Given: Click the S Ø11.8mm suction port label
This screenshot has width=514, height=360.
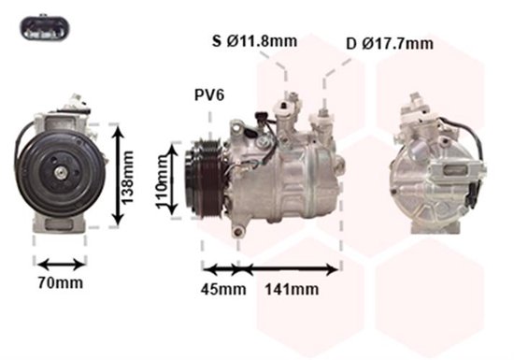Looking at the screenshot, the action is click(255, 41).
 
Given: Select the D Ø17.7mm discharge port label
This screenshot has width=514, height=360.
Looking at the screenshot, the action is click(390, 44).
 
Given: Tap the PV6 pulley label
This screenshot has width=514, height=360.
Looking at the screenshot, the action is click(209, 95).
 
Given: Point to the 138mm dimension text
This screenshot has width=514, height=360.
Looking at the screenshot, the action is click(128, 177).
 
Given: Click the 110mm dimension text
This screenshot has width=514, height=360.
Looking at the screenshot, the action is click(162, 181).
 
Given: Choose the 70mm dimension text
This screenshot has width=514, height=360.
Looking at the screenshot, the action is click(61, 282).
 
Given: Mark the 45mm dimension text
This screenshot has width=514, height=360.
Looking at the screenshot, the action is click(223, 289).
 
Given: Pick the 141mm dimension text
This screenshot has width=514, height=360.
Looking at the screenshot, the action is click(292, 289).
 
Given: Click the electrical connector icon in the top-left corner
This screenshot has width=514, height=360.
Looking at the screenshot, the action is click(45, 28).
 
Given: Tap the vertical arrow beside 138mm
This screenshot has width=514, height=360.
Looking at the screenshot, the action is click(118, 176).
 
